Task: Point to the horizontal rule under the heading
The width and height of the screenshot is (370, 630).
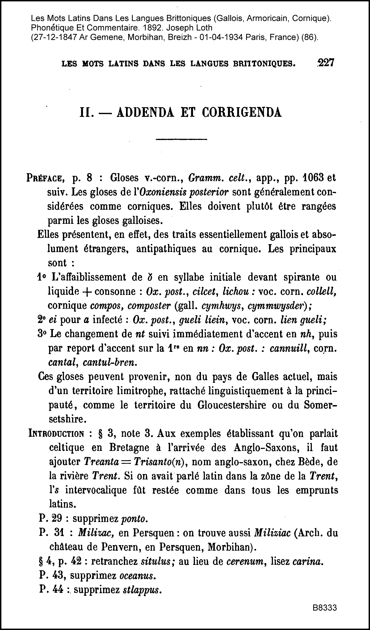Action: [x=181, y=139]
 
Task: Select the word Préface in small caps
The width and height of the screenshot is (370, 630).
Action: [x=46, y=178]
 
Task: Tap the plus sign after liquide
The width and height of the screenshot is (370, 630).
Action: [x=86, y=292]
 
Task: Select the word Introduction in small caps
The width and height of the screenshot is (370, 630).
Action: [x=56, y=434]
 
